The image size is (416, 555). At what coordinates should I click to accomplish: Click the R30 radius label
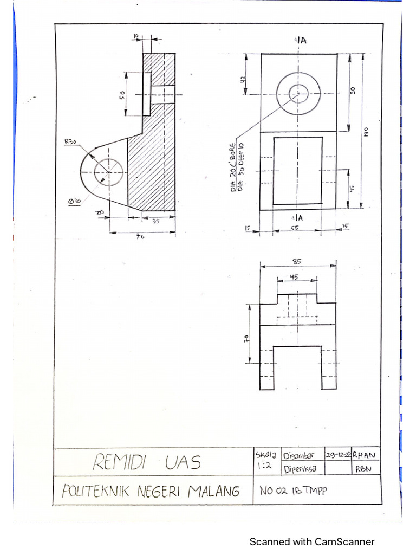click(71, 142)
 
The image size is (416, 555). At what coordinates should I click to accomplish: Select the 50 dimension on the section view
click(123, 94)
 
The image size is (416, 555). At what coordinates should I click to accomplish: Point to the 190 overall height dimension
click(366, 131)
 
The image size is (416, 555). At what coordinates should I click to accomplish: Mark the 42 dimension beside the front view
click(244, 79)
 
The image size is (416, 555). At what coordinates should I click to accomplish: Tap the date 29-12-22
click(337, 455)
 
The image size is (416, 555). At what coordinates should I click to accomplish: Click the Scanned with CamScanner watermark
click(311, 541)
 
